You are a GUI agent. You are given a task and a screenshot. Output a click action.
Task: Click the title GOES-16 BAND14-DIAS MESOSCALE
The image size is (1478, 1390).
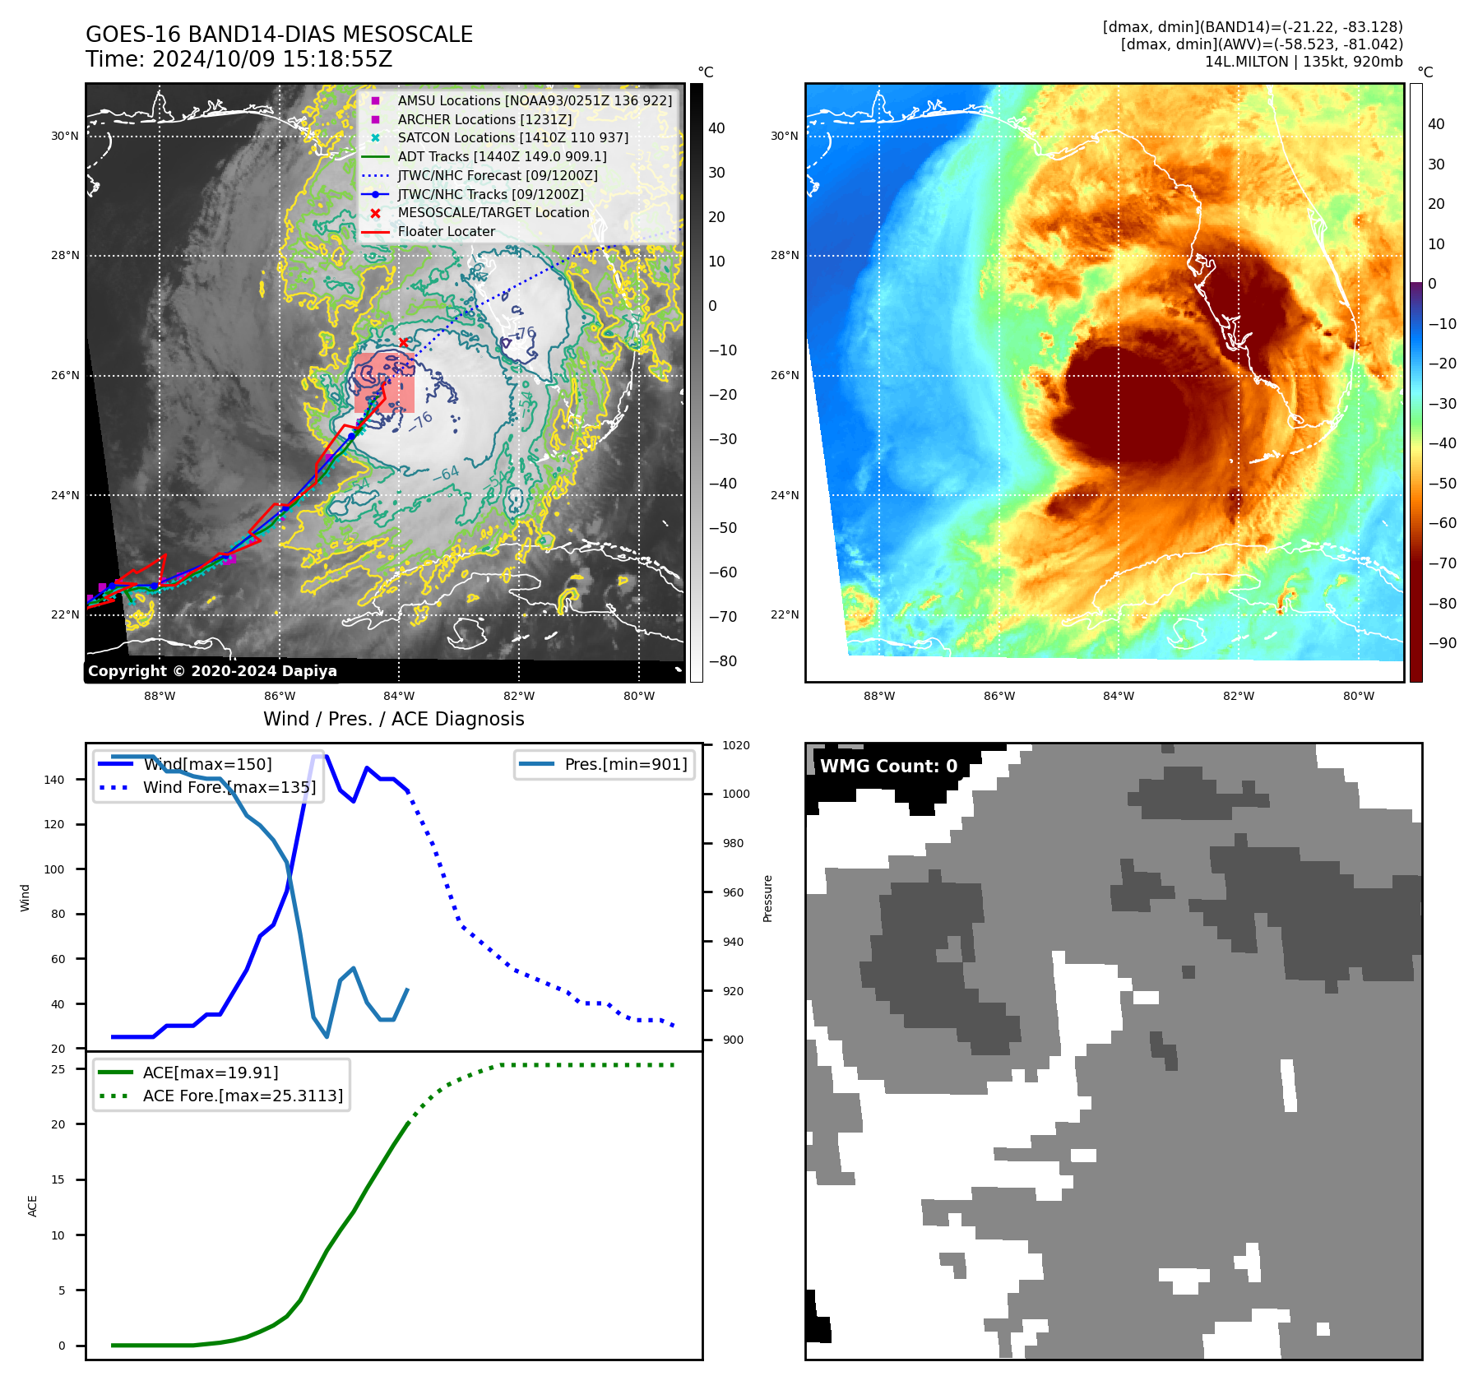279,35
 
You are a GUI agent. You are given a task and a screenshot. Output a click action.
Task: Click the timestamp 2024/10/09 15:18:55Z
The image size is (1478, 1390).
271,60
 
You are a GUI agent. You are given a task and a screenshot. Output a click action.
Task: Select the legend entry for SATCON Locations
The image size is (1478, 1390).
512,138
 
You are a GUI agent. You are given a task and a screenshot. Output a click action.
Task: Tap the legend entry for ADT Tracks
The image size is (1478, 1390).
502,156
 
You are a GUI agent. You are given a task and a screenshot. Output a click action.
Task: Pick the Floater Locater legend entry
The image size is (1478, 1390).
446,232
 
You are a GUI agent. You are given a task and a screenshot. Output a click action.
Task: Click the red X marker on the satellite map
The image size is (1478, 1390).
403,342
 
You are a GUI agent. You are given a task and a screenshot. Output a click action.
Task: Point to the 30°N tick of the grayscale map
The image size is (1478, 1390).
65,136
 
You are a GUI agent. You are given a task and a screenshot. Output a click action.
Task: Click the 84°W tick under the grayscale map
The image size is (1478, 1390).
400,696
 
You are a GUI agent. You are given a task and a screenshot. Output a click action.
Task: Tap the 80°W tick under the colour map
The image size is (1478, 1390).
1359,696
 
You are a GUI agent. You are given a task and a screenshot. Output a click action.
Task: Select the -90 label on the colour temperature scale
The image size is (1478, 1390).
1442,643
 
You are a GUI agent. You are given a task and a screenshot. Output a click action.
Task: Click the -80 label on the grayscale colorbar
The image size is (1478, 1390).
723,661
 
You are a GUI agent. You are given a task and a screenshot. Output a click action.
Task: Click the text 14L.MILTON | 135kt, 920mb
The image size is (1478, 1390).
1304,62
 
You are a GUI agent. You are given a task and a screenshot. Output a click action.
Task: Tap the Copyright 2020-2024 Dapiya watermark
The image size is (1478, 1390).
212,671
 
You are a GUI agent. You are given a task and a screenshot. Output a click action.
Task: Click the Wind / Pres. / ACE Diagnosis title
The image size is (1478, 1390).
393,719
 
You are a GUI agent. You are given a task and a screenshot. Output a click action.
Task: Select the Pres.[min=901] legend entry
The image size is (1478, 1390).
625,764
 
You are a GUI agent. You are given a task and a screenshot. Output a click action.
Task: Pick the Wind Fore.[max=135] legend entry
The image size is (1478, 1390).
229,787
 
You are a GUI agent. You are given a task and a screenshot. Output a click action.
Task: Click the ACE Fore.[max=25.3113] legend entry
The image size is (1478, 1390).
243,1096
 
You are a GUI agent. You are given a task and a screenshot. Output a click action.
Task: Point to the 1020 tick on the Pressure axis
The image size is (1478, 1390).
736,745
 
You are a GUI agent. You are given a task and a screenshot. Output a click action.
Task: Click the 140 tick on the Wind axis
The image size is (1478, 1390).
54,780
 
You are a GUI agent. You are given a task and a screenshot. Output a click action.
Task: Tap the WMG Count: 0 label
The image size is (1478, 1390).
888,767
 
